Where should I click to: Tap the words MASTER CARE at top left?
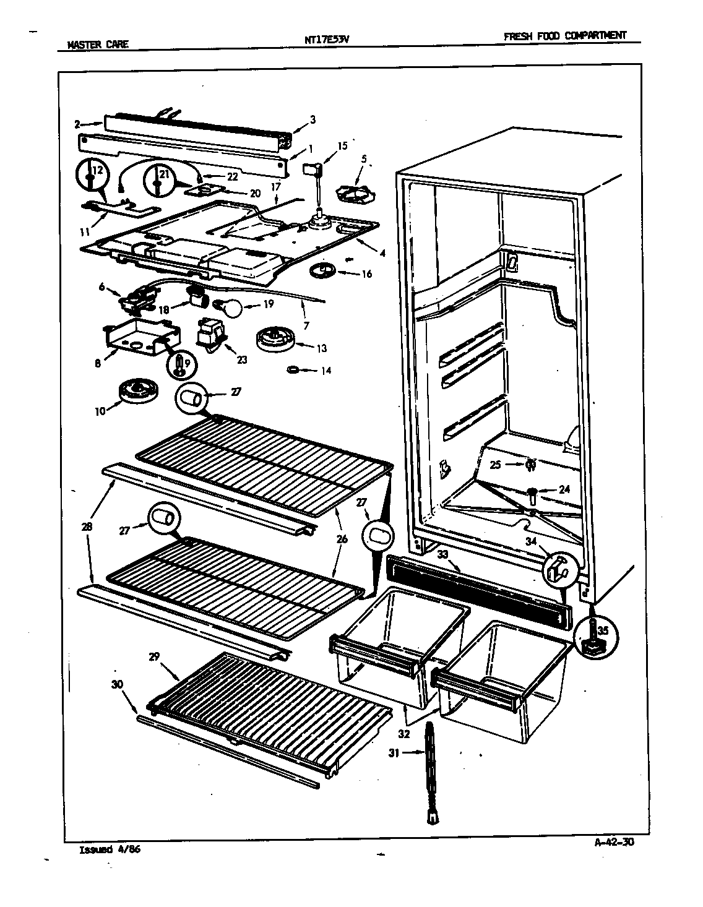click(x=98, y=45)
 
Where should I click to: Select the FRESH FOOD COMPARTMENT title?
click(x=564, y=36)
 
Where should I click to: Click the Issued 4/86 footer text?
click(x=110, y=849)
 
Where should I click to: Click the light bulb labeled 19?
click(x=225, y=306)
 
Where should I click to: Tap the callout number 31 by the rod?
click(x=410, y=753)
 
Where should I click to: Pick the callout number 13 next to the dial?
click(x=321, y=348)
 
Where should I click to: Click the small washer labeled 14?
click(x=293, y=370)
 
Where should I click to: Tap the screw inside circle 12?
click(x=91, y=178)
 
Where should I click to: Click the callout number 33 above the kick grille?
click(x=442, y=555)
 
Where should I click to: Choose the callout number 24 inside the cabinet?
click(x=564, y=489)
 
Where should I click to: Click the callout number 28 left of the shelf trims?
click(x=86, y=527)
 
